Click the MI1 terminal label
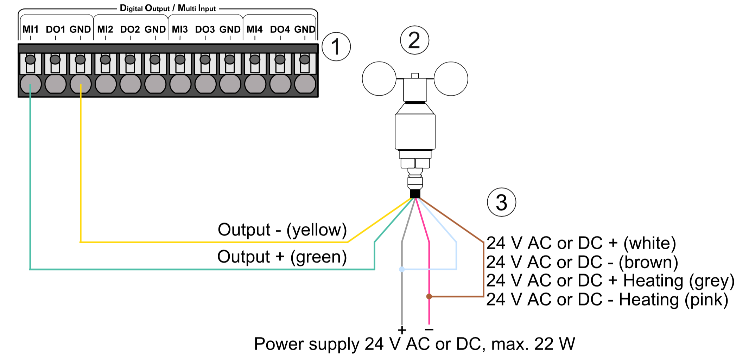[x=30, y=29]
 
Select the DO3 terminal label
[x=205, y=29]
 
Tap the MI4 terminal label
[x=254, y=29]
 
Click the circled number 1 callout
[x=336, y=47]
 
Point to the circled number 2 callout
[x=414, y=40]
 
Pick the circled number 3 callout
[x=501, y=202]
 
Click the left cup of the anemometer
[x=379, y=79]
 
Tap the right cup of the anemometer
[x=451, y=79]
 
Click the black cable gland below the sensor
[x=415, y=194]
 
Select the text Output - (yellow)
[x=282, y=230]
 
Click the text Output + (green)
[x=282, y=257]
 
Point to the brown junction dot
[x=429, y=296]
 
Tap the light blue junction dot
[x=402, y=269]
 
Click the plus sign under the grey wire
[x=402, y=330]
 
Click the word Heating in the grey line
[x=653, y=281]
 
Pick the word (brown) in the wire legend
[x=648, y=262]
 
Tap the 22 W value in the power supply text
[x=554, y=344]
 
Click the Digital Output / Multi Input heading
[x=168, y=8]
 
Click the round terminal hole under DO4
[x=280, y=84]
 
